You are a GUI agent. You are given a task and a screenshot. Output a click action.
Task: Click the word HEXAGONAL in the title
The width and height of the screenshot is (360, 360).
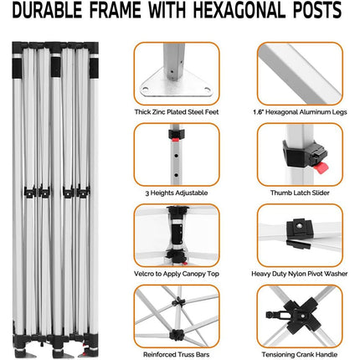[x=239, y=10]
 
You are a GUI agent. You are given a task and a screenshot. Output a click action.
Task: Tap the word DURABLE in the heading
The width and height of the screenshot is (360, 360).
[x=47, y=10]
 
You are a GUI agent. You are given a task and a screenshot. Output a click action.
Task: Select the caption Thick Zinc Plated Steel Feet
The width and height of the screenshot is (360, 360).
[x=177, y=112]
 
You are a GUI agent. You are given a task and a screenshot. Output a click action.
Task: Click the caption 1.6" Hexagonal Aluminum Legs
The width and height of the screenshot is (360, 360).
[x=300, y=112]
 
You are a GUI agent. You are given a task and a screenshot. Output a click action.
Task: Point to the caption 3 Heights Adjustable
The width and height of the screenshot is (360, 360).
[x=177, y=193]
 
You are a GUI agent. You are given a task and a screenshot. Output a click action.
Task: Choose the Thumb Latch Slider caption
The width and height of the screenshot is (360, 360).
[x=300, y=193]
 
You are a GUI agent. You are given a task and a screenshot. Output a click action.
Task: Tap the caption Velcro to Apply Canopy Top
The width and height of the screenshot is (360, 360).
[x=177, y=274]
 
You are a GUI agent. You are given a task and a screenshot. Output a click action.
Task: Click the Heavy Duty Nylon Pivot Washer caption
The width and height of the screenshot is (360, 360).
[x=300, y=274]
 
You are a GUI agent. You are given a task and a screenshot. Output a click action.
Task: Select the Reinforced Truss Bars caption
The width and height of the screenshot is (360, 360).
[x=177, y=355]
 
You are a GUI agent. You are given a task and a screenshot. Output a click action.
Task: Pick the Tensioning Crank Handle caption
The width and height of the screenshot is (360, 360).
[x=300, y=355]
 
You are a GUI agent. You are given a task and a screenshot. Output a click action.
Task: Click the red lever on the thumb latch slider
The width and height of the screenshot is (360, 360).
[x=321, y=168]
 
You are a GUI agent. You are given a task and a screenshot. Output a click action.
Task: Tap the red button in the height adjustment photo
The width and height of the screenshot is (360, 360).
[x=175, y=139]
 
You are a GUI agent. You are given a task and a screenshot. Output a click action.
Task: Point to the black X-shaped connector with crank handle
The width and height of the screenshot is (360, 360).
[x=302, y=316]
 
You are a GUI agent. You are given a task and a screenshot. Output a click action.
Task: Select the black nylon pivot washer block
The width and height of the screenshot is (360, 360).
[x=300, y=229]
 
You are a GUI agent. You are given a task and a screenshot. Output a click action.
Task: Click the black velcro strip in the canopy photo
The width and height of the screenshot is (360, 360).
[x=177, y=234]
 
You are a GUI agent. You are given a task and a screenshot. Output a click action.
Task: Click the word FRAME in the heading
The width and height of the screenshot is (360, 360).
[x=116, y=10]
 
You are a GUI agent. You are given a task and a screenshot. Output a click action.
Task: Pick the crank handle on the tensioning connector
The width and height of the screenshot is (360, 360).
[x=275, y=316]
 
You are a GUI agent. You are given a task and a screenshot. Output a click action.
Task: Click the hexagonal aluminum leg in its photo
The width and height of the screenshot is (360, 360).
[x=300, y=73]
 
